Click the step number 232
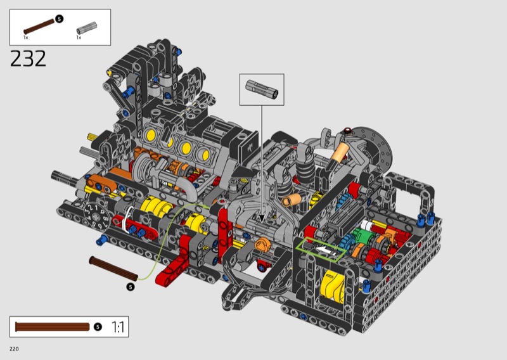tap(28, 58)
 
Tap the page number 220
tap(14, 349)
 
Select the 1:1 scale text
tap(118, 327)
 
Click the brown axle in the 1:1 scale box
tap(52, 326)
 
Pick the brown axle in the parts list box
tap(39, 27)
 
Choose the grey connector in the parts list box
tap(87, 27)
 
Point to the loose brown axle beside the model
tap(113, 269)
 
